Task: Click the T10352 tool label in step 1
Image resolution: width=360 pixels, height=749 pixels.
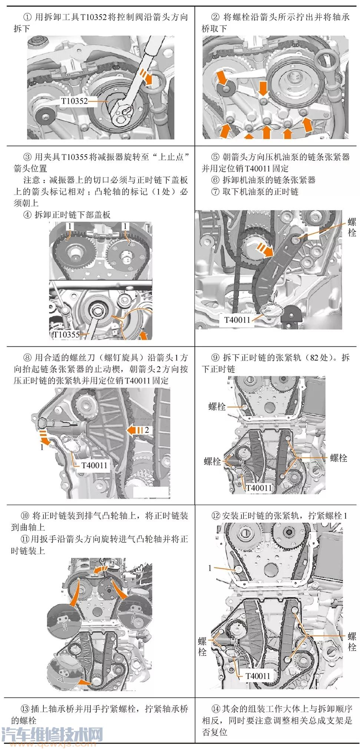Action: pos(74,101)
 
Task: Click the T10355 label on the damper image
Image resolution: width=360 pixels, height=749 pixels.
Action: pos(66,334)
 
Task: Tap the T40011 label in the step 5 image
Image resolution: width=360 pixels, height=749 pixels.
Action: pos(237,319)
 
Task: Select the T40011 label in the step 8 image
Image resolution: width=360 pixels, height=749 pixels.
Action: pos(94,465)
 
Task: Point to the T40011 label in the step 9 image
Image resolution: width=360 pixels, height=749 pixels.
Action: pos(259,488)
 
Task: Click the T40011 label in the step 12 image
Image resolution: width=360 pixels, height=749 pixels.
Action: pos(258,676)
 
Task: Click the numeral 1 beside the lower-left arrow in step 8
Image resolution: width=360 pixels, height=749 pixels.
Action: pos(42,447)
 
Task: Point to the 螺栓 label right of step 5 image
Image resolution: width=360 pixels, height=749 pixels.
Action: pos(351,227)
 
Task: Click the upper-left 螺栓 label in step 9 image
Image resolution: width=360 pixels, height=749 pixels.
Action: pos(217,406)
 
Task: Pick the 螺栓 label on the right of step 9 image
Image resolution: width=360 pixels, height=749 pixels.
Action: pos(338,458)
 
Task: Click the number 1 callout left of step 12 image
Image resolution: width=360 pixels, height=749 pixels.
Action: pos(210,567)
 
